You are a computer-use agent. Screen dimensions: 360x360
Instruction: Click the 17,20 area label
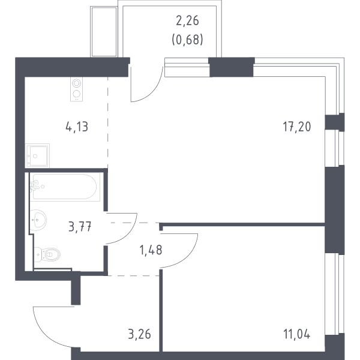click(297, 127)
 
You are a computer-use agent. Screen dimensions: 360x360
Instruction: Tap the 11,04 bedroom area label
click(297, 334)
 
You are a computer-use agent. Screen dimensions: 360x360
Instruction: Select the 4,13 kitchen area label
click(77, 127)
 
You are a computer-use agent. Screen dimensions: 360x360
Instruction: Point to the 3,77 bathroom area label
click(80, 227)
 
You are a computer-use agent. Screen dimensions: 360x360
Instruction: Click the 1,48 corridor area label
click(151, 250)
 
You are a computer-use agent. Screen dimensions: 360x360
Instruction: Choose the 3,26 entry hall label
click(139, 334)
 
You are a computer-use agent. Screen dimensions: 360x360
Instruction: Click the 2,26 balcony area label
click(187, 20)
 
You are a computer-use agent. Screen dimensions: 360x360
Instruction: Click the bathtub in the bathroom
click(65, 187)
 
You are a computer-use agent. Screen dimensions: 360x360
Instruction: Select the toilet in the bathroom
click(47, 254)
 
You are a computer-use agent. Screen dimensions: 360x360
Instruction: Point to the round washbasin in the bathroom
click(38, 220)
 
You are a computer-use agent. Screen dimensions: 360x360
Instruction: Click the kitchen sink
click(37, 156)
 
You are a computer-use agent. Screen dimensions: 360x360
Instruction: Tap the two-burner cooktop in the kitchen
click(76, 89)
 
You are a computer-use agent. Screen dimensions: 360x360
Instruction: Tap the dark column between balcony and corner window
click(232, 67)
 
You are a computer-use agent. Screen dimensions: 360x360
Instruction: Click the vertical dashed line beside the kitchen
click(107, 122)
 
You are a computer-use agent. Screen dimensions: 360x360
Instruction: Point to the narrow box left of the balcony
click(104, 32)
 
